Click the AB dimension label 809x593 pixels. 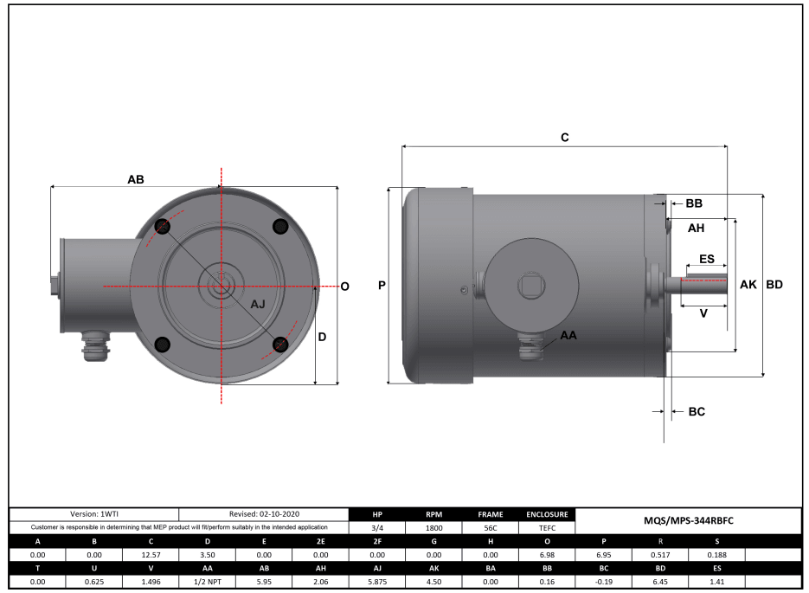coord(136,179)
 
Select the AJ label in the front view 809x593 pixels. coord(259,305)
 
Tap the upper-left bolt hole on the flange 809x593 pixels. coord(162,227)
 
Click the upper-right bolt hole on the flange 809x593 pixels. coord(279,226)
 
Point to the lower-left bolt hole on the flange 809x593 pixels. coord(162,345)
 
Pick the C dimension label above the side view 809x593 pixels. coord(565,138)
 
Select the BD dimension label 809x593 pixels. coord(774,285)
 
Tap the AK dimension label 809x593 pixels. coord(748,285)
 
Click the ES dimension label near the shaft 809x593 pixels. coord(706,259)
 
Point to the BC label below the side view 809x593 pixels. coord(697,412)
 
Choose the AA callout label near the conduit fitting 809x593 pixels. coord(568,335)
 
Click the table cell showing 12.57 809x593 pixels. coord(151,554)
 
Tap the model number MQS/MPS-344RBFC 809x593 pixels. coord(689,520)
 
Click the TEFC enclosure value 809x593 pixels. coord(546,527)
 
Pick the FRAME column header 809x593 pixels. coord(491,513)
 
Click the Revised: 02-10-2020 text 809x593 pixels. coord(264,513)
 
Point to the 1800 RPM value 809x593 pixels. coord(433,527)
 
